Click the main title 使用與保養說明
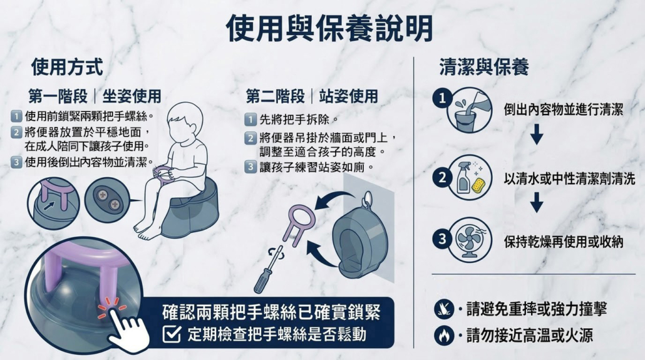[x=329, y=28]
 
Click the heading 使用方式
[x=67, y=67]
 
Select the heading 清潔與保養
[x=484, y=67]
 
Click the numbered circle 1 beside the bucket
[x=442, y=98]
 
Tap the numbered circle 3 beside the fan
[x=442, y=239]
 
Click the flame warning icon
[x=444, y=336]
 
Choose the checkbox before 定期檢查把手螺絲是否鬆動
[x=172, y=334]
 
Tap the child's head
[x=185, y=122]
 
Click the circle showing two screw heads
[x=107, y=200]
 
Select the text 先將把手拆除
[x=294, y=120]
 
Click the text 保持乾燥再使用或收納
[x=564, y=242]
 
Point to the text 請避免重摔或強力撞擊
[x=537, y=309]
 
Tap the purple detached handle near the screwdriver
[x=299, y=224]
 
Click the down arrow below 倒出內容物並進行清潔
[x=537, y=134]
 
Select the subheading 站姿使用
[x=348, y=96]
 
